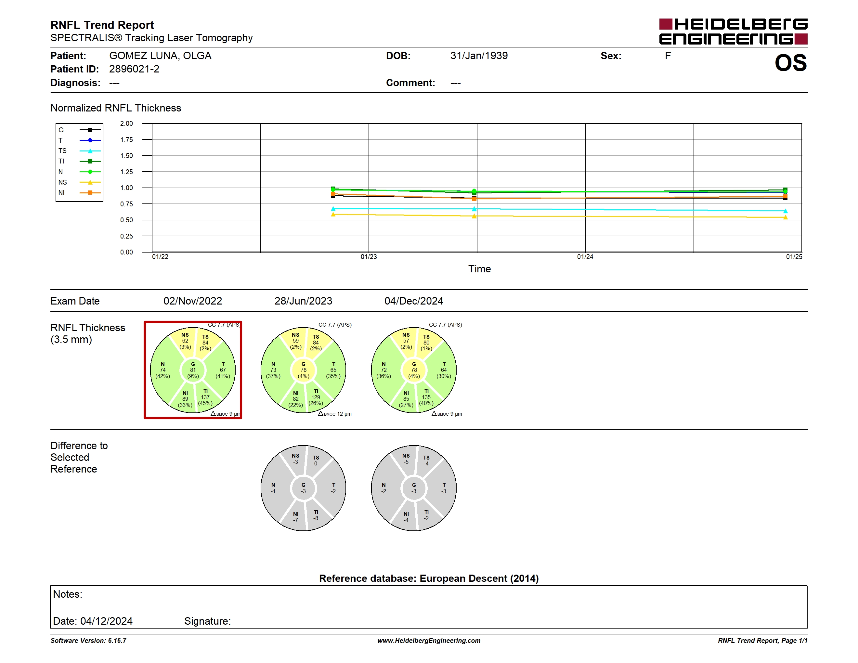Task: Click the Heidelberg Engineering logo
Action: [733, 32]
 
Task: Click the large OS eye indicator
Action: [790, 63]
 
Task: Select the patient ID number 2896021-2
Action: [134, 69]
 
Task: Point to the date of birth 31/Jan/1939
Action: [479, 56]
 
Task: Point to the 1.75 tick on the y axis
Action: [126, 140]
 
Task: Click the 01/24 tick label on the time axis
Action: [585, 257]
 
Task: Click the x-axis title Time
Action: [479, 269]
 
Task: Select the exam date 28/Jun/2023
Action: [303, 301]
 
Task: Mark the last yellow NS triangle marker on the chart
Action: [785, 217]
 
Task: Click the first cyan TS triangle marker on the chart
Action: [333, 209]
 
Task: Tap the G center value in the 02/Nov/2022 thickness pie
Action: [193, 370]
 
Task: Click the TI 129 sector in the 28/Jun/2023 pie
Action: [316, 397]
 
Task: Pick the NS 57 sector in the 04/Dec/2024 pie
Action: [406, 341]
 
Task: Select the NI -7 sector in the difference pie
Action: [295, 517]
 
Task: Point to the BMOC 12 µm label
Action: [335, 414]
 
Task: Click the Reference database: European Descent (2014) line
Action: [429, 578]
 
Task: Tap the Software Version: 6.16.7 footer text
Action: [88, 641]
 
